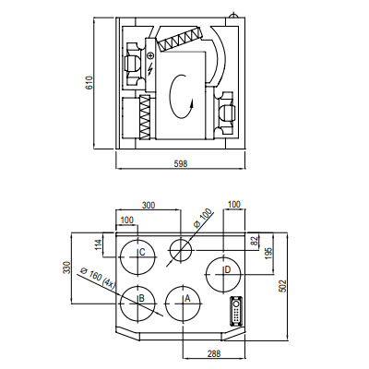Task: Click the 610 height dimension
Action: (x=89, y=83)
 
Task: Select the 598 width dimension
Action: (x=181, y=163)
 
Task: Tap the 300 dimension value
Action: (x=149, y=205)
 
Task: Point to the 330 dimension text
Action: (x=66, y=268)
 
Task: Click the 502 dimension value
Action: (x=283, y=286)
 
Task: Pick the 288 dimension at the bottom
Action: (x=214, y=353)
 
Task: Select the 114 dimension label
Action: (x=99, y=244)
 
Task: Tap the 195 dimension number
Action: (x=268, y=254)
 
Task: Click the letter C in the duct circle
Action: (x=142, y=252)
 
